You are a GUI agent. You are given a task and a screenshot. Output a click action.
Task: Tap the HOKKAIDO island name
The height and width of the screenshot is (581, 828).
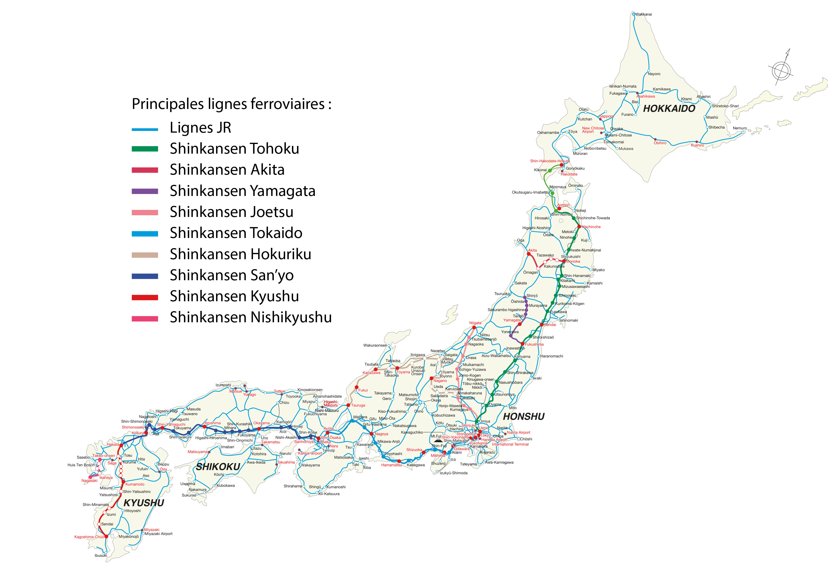click(669, 108)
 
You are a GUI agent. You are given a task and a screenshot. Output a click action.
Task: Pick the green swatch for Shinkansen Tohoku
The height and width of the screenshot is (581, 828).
click(145, 149)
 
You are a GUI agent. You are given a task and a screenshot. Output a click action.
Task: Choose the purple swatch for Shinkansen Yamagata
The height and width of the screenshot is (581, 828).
click(145, 191)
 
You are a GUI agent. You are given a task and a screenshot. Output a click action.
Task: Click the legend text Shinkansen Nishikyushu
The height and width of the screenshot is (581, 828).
click(251, 317)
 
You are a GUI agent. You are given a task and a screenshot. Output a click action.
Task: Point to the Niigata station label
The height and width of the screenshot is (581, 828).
click(475, 323)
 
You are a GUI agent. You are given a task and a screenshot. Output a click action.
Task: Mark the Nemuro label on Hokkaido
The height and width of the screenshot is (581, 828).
click(740, 128)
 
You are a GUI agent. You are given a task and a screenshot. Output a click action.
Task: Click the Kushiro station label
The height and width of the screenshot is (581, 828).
click(697, 145)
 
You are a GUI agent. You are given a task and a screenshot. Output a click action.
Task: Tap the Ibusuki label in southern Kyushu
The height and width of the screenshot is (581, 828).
click(101, 555)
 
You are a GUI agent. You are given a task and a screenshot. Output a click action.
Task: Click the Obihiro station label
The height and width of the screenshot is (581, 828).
click(660, 143)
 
